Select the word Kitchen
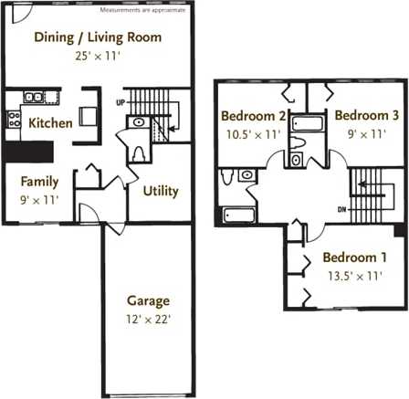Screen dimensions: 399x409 (x=50, y=122)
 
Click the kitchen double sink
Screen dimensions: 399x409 (x=35, y=96)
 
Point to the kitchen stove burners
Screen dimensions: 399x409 (x=14, y=117)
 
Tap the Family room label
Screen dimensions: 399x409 (x=38, y=181)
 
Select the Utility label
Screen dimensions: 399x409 (x=161, y=191)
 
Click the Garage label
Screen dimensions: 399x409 (x=147, y=300)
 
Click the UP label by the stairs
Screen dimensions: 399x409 (x=121, y=101)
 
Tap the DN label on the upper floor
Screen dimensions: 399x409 (x=342, y=210)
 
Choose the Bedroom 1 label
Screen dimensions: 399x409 (x=354, y=257)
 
